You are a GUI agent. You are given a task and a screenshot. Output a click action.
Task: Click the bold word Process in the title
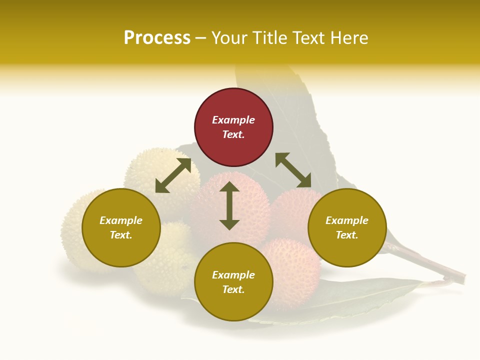click(157, 38)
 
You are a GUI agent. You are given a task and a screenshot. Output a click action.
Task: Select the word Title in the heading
click(271, 38)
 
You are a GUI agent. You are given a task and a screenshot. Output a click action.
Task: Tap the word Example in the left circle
click(121, 220)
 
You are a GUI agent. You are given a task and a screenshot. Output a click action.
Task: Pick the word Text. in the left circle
click(121, 235)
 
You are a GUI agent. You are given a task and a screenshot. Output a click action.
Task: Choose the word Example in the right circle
click(346, 220)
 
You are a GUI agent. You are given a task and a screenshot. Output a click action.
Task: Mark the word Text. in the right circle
click(346, 235)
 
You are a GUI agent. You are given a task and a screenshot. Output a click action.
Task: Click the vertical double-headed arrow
click(229, 205)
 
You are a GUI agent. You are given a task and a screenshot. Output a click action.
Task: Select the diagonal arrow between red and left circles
click(173, 175)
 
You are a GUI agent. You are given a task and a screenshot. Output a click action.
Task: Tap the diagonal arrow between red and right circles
click(293, 170)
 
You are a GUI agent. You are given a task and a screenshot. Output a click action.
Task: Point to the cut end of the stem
click(462, 278)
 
